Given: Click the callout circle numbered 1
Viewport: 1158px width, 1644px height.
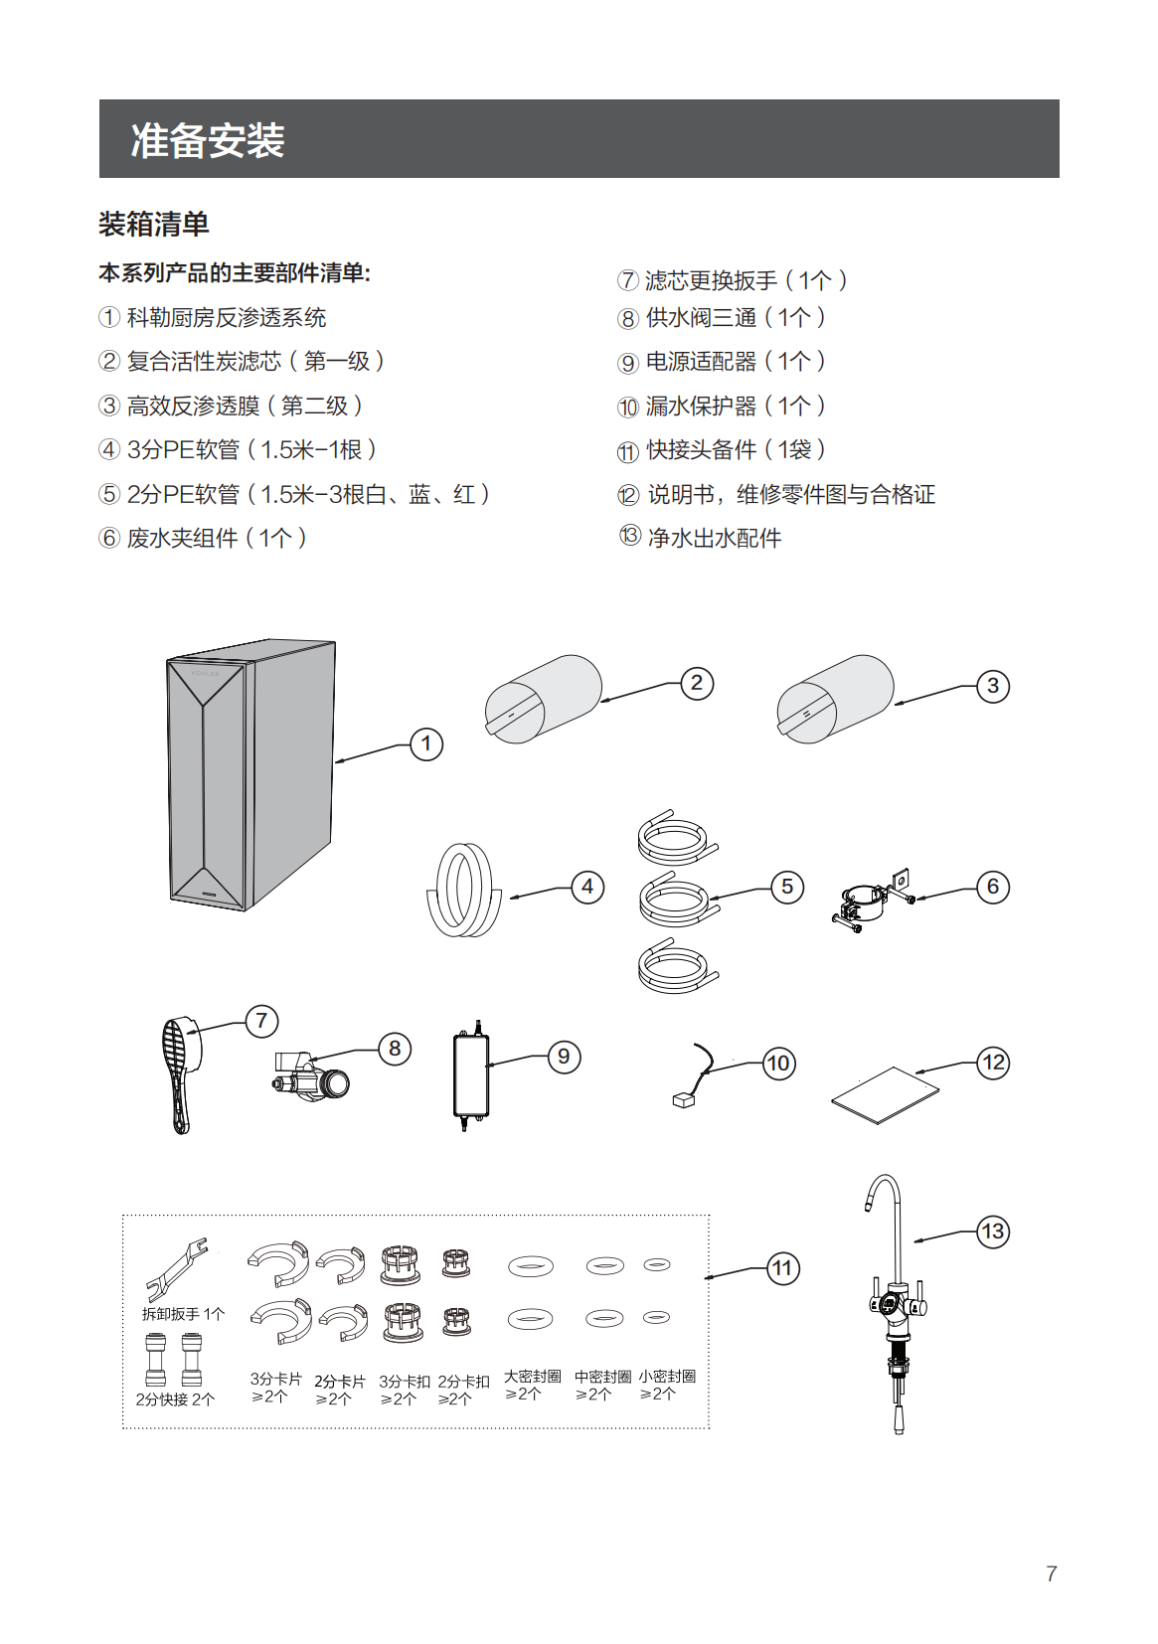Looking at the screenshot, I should pos(426,743).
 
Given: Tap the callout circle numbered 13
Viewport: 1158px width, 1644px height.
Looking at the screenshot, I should pos(993,1232).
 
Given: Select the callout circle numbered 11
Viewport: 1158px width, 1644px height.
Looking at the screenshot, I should pos(783,1268).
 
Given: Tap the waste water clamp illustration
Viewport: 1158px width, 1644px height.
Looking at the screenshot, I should pos(871,901).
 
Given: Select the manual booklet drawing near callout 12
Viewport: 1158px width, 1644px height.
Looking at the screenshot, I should pos(885,1095).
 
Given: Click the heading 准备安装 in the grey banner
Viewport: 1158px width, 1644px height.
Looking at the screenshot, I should pos(208,140).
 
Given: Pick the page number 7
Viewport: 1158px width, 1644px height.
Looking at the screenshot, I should pos(1052,1573).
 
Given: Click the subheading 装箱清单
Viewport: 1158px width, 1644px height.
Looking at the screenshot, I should pos(154,224).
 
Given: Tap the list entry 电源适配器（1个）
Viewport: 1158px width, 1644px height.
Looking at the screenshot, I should pos(735,362).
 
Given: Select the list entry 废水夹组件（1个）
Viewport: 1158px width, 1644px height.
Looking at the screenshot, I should pos(216,538).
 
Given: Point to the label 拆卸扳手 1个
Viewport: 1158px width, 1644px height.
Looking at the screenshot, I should pos(184,1314).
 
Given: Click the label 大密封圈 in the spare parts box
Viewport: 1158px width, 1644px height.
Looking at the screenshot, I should pos(532,1377).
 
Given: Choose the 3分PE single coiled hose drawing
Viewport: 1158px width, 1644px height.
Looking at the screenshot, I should pos(462,890).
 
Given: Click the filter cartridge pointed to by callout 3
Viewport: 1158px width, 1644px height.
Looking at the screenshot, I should pos(835,698).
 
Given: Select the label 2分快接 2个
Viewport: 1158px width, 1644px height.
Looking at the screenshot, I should pos(175,1399).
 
